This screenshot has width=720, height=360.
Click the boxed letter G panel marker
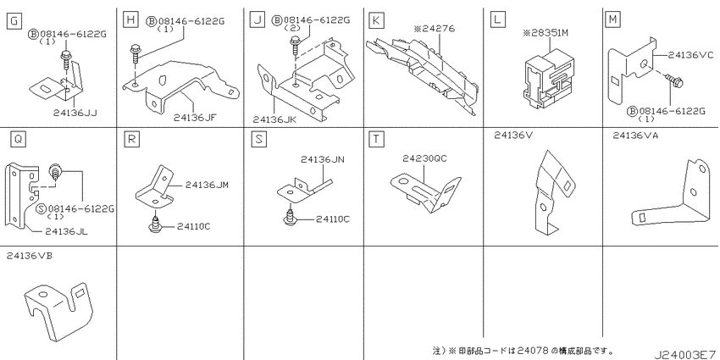(15, 20)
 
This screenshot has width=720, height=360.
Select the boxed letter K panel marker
(376, 19)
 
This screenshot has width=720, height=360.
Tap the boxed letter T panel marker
(376, 139)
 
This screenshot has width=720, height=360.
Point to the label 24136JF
(195, 118)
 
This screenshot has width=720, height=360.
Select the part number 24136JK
(274, 119)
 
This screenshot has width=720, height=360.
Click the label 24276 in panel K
(435, 29)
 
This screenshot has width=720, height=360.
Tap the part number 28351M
(546, 33)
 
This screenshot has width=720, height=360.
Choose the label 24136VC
(690, 55)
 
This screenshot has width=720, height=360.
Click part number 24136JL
(67, 232)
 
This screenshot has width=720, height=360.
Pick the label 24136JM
(207, 185)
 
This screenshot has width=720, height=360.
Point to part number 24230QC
(424, 159)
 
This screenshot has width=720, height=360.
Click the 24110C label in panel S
(331, 219)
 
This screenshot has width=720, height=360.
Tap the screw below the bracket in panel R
(156, 223)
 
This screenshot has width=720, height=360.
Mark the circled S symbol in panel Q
(41, 209)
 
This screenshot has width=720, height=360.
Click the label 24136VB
(30, 256)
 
